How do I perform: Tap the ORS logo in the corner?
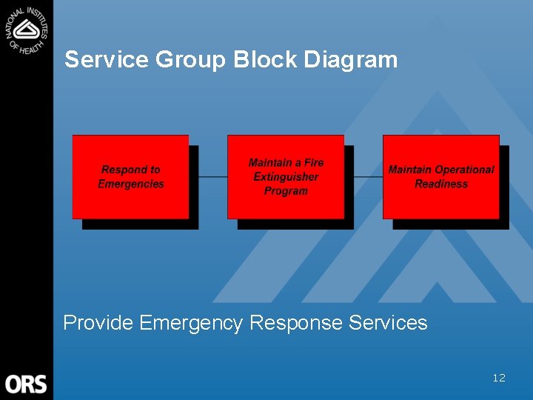tap(26, 384)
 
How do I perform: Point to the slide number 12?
tap(499, 378)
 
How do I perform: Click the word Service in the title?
tap(107, 59)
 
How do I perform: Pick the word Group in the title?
tap(190, 59)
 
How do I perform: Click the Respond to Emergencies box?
tap(130, 176)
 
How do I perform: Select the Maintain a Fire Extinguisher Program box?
tap(286, 176)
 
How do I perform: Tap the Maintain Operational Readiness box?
tap(441, 176)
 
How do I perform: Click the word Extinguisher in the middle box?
tap(286, 177)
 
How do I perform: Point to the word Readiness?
tap(441, 184)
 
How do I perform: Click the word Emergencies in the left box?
tap(131, 184)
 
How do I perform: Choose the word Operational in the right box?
tap(464, 170)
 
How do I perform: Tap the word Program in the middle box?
tap(286, 191)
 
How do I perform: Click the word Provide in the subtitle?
tap(98, 323)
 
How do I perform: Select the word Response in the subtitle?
tap(296, 323)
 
